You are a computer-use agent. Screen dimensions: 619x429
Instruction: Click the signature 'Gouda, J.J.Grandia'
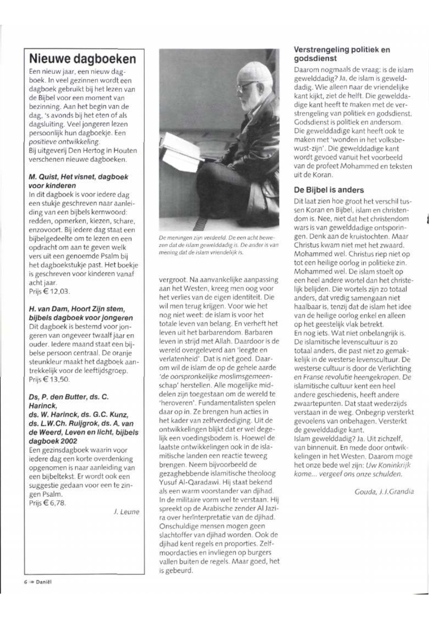click(x=384, y=492)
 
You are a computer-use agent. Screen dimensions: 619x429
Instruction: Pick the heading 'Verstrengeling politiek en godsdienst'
click(x=342, y=54)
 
